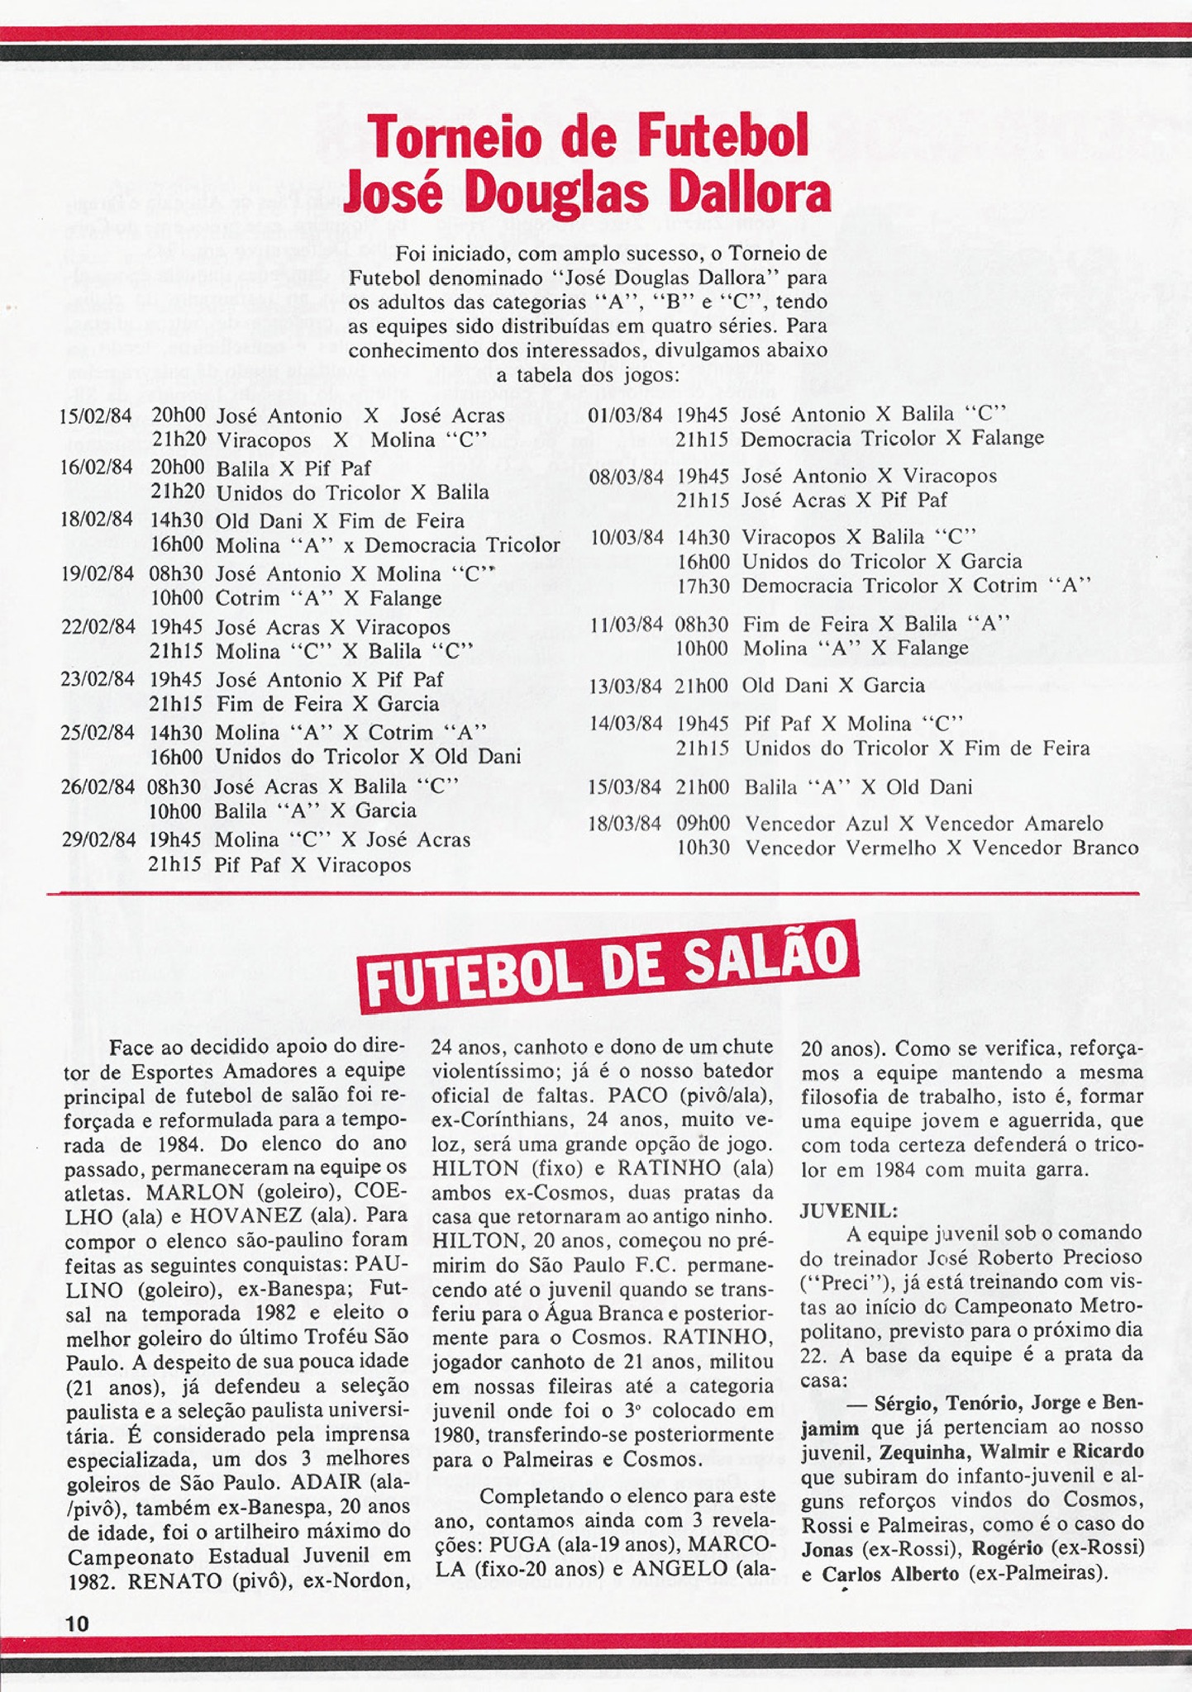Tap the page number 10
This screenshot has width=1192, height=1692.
coord(77,1623)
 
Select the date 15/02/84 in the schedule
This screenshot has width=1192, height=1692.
coord(96,416)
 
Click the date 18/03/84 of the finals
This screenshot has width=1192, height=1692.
coord(625,824)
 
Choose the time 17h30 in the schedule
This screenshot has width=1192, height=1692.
coord(703,586)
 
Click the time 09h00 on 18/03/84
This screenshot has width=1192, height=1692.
coord(703,824)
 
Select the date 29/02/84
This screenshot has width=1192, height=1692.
coord(98,840)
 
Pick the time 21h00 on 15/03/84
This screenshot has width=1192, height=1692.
coord(703,787)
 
